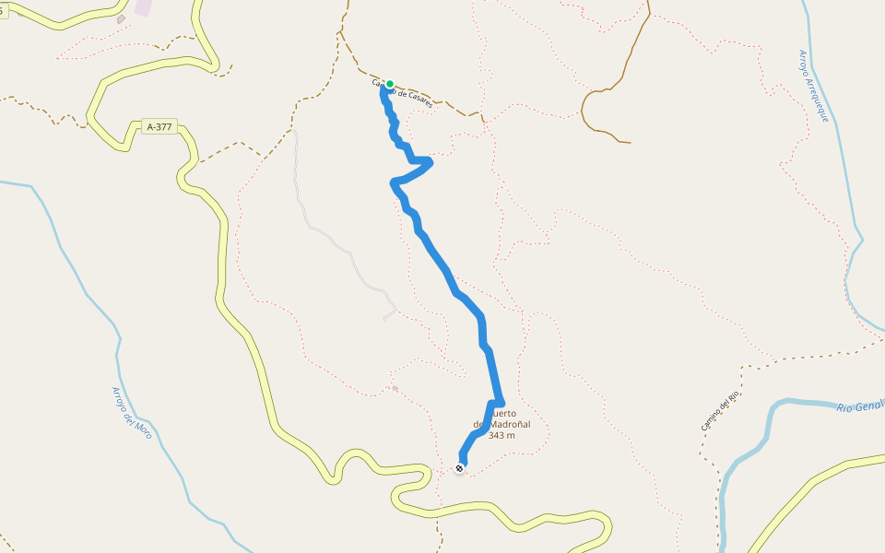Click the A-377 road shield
[x=159, y=127]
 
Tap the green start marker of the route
[x=390, y=84]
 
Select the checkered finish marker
[x=459, y=468]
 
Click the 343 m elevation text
[x=501, y=435]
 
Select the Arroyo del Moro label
[x=132, y=412]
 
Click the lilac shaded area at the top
[x=144, y=6]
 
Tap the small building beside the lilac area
[x=121, y=18]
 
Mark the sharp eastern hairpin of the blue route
[x=429, y=163]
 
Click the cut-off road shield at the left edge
[x=3, y=11]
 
